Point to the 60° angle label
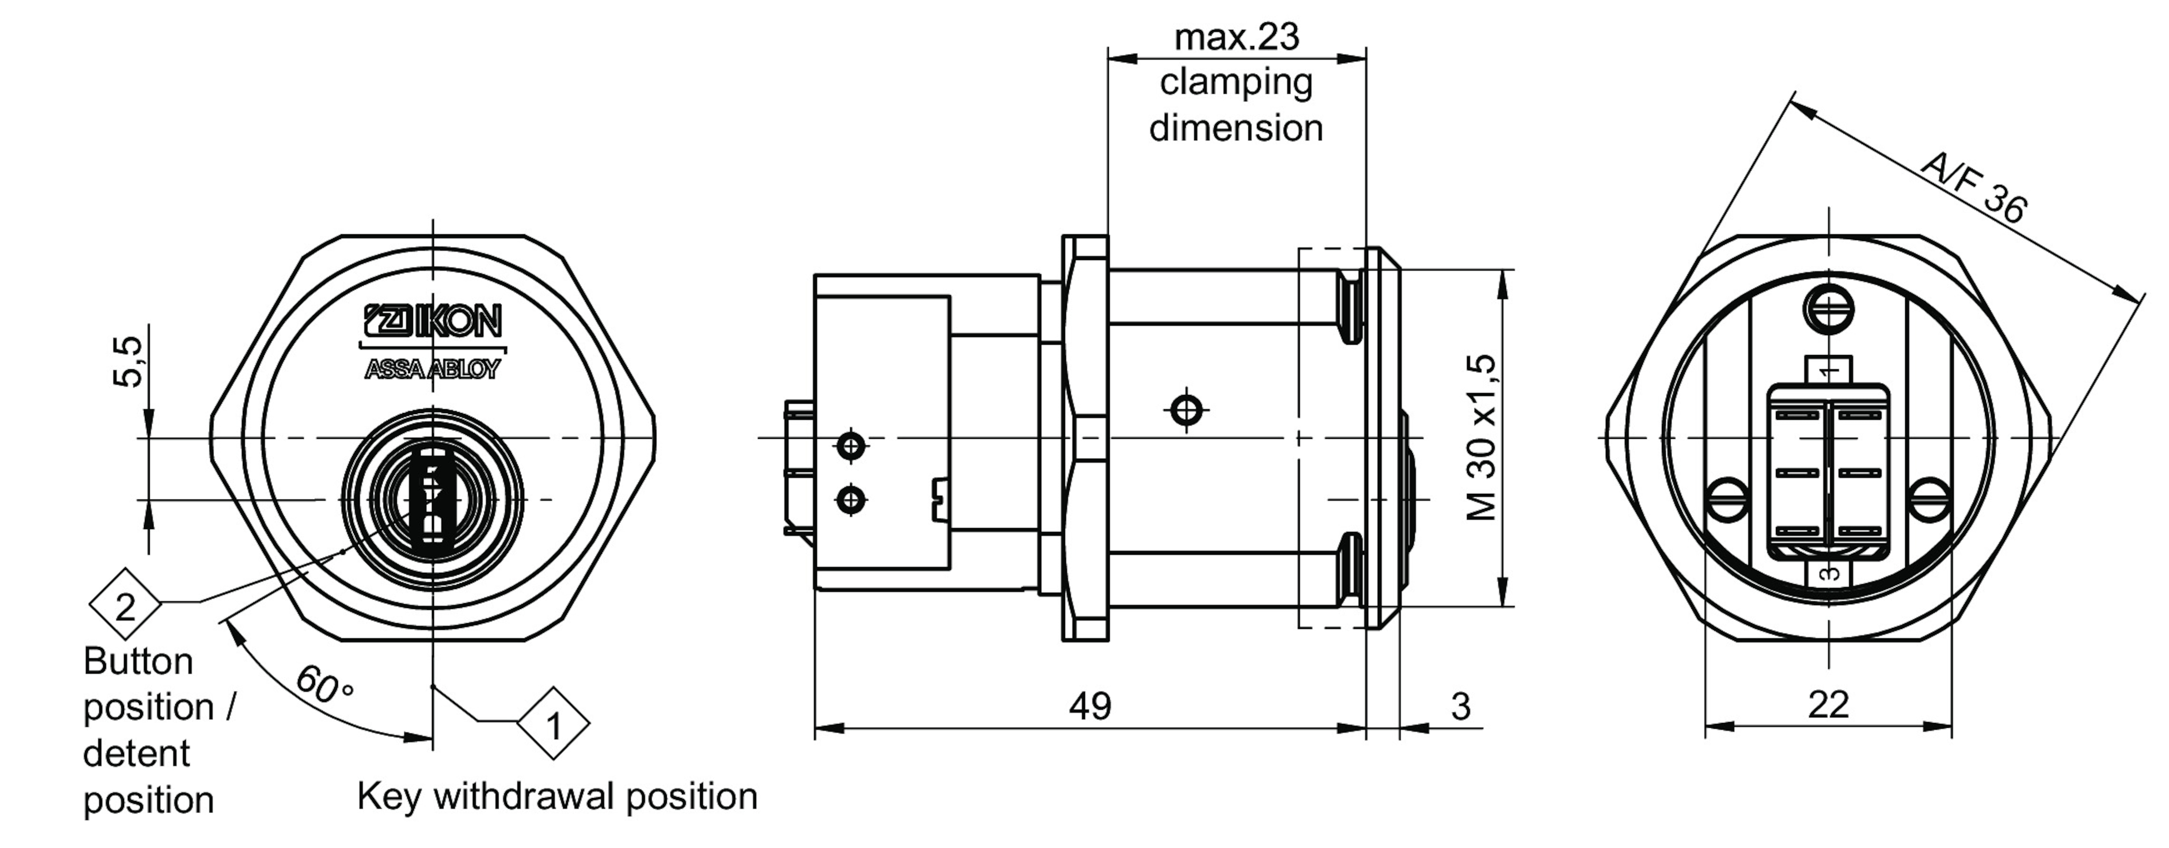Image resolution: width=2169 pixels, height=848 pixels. (x=323, y=684)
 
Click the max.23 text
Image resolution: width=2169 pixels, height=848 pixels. (x=1236, y=37)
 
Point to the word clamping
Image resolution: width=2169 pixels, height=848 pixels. (x=1236, y=82)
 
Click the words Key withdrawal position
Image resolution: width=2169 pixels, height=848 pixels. (x=557, y=796)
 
